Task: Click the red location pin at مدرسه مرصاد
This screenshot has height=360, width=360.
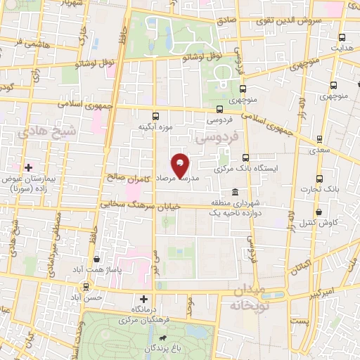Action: click(181, 165)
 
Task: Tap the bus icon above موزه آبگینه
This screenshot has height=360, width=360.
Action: click(155, 116)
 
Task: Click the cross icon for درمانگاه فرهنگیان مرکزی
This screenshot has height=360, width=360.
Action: click(144, 299)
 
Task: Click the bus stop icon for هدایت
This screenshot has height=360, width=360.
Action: click(342, 38)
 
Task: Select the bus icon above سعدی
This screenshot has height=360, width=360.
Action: click(320, 139)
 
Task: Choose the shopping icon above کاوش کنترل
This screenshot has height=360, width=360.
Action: click(320, 212)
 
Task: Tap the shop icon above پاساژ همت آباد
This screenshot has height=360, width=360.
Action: click(96, 259)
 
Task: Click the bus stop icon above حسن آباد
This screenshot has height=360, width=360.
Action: click(86, 286)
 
